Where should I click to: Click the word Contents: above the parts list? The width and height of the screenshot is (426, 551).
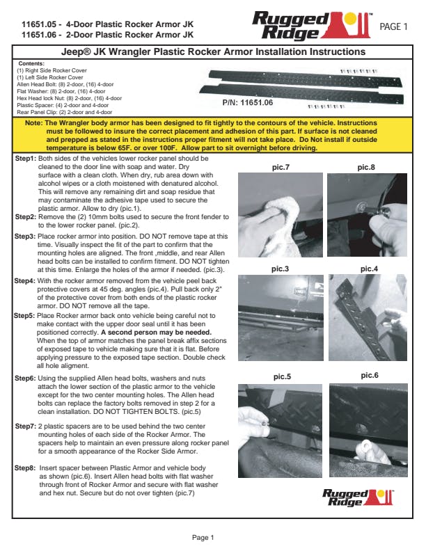(x=30, y=63)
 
